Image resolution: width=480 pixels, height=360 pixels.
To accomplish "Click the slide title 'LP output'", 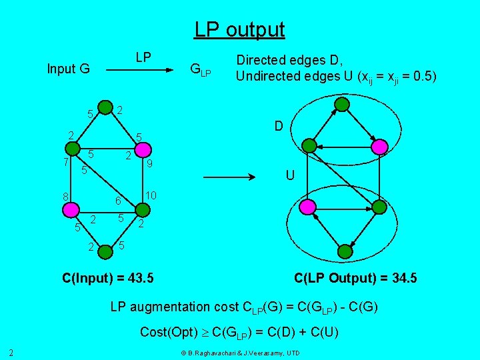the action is pos(239,30).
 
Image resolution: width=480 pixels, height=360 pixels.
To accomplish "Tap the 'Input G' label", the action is pos(68,68).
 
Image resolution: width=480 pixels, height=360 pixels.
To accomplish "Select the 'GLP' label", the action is pos(200,69).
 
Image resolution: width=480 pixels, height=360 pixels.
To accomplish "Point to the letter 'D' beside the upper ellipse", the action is pos(279,125).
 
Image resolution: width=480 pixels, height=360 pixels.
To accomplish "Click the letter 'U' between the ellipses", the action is pos(289,176).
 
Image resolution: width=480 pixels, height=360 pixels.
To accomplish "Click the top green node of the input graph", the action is pos(105,107).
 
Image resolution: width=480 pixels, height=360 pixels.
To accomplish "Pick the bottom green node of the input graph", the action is pos(105,251).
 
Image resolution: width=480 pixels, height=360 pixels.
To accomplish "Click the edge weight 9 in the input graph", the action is pos(151,163).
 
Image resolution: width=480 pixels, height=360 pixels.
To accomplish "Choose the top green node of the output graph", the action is pos(341,104).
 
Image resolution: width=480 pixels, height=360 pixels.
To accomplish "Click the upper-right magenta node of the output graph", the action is pos(379,146).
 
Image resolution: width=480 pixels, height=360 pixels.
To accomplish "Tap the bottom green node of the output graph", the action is pos(344,251).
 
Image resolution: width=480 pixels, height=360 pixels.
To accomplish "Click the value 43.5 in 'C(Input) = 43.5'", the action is pos(138,277).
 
